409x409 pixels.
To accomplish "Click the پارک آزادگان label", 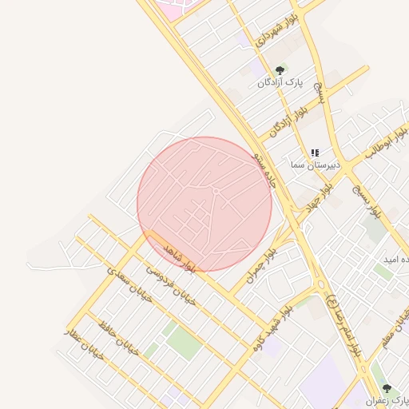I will [280, 82].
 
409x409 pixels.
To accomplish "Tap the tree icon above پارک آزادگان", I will [279, 70].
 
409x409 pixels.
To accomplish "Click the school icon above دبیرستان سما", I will [315, 153].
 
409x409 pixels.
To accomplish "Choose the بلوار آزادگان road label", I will [288, 117].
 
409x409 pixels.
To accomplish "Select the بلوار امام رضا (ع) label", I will [344, 327].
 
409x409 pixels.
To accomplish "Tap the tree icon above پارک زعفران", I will [387, 388].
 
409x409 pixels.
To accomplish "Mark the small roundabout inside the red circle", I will [216, 192].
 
